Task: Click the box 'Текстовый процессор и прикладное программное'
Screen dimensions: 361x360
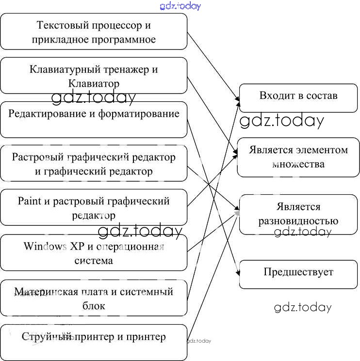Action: [x=94, y=31]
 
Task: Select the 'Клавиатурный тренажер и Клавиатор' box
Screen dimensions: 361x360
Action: [x=94, y=76]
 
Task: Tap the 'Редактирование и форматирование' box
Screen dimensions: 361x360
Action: [x=94, y=120]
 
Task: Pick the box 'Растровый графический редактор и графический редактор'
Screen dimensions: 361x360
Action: [x=94, y=164]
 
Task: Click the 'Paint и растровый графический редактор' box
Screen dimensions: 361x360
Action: [x=94, y=207]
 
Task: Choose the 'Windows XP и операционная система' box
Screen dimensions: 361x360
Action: [x=94, y=252]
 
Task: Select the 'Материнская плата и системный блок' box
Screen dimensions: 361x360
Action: [x=94, y=298]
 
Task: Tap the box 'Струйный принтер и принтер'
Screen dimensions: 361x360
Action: [x=94, y=342]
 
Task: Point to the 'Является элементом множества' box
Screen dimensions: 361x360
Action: [x=298, y=157]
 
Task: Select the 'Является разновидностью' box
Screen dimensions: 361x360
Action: [x=298, y=213]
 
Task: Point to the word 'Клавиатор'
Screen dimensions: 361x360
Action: [x=94, y=83]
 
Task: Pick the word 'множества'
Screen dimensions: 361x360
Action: [x=298, y=164]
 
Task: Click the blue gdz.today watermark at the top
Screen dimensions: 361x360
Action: [x=180, y=6]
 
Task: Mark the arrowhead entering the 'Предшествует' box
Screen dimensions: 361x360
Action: [x=238, y=274]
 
